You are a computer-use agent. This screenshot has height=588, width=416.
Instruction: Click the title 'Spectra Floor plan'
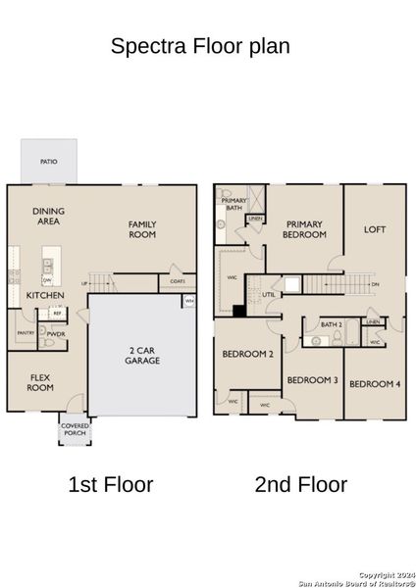click(199, 45)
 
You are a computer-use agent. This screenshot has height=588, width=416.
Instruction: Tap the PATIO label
click(47, 160)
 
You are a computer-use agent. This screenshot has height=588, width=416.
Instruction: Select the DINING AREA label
click(47, 216)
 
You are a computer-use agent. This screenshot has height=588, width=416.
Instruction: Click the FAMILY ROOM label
click(142, 229)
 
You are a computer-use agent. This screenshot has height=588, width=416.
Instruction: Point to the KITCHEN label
click(45, 294)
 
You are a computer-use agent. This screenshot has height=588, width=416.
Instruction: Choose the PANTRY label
click(26, 333)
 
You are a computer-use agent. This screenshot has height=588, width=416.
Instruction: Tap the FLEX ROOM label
click(40, 380)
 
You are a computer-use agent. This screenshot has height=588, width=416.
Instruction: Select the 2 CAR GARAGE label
click(137, 357)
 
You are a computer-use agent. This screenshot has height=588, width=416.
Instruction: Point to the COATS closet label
click(177, 282)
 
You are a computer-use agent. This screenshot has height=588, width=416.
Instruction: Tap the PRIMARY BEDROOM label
click(304, 229)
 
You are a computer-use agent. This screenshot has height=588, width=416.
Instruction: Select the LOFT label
click(375, 229)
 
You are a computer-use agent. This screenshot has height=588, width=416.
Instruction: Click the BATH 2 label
click(331, 323)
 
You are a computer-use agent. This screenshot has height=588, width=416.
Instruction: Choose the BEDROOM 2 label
click(247, 354)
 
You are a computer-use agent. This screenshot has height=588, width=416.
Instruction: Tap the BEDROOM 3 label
click(312, 380)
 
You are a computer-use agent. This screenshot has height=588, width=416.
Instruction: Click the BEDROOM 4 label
click(374, 382)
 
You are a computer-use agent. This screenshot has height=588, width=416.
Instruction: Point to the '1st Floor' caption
click(110, 483)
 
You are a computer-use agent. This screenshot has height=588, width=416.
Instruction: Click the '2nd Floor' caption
click(300, 483)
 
